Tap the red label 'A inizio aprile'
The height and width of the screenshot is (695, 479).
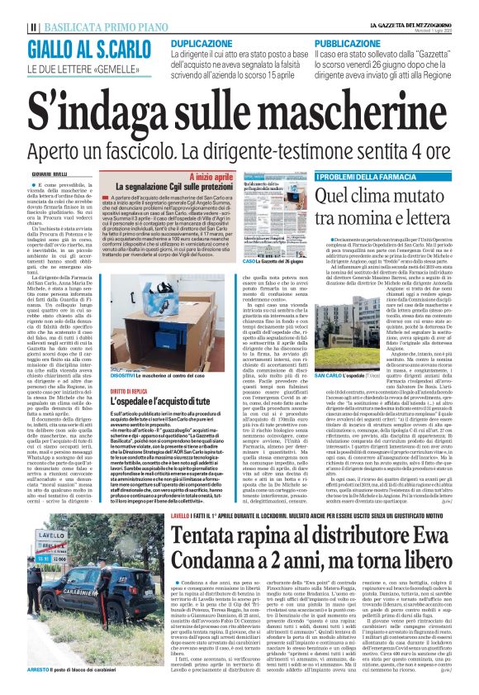(210, 177)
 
